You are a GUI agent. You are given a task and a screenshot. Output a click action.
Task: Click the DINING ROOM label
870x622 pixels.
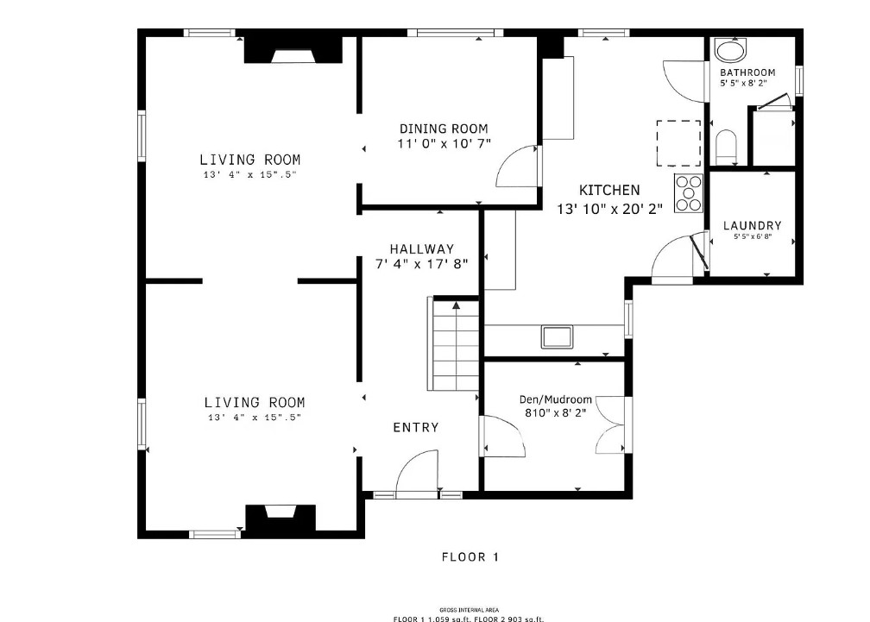tap(444, 129)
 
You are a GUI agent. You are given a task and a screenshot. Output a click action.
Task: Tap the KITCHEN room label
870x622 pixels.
tap(609, 190)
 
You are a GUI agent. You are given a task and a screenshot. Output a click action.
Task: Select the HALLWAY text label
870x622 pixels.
tap(422, 249)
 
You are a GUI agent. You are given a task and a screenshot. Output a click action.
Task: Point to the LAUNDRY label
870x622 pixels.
tap(753, 226)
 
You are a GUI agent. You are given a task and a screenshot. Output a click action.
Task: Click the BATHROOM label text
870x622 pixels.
tap(747, 72)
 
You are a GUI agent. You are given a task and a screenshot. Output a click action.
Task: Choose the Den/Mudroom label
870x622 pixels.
tap(556, 399)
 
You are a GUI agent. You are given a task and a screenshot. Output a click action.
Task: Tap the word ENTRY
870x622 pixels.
tap(416, 427)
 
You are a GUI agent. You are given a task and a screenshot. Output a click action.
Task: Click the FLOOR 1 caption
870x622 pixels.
tap(470, 557)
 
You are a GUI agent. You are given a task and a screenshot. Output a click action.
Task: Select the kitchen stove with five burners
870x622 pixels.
tap(689, 193)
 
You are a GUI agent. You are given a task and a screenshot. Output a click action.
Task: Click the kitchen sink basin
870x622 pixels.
tap(557, 336)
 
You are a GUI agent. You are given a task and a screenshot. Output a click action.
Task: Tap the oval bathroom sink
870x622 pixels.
tap(730, 51)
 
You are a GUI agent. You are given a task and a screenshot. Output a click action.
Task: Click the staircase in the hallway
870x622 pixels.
tap(453, 343)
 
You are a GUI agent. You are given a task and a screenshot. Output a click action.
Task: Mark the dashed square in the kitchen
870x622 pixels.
tap(678, 143)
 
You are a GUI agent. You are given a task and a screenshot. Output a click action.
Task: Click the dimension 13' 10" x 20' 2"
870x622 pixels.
tap(609, 209)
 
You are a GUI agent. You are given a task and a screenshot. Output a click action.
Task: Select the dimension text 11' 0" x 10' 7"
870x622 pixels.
tap(444, 143)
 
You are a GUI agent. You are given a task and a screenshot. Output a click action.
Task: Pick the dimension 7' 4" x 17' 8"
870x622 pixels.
tap(422, 264)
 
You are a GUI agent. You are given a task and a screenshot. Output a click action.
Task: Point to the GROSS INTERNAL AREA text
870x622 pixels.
tap(469, 610)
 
